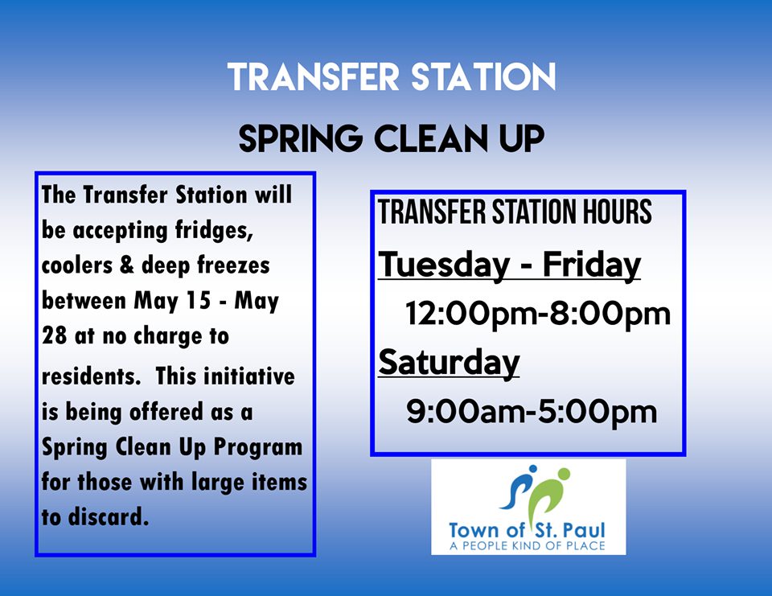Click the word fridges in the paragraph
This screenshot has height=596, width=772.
[x=214, y=230]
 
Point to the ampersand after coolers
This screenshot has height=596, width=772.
[x=126, y=265]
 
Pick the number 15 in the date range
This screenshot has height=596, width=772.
[x=199, y=301]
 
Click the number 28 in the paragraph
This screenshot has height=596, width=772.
[x=54, y=336]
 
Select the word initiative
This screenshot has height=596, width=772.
[x=248, y=376]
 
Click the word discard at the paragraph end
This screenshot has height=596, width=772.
[x=109, y=517]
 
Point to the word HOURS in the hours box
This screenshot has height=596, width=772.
[x=618, y=212]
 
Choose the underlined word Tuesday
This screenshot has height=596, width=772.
[x=444, y=265]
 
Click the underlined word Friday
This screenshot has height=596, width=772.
[x=591, y=265]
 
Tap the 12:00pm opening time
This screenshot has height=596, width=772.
[x=470, y=314]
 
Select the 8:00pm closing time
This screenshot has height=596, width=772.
[x=610, y=314]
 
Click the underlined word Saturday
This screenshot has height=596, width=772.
[x=449, y=363]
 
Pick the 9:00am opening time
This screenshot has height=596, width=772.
[x=466, y=412]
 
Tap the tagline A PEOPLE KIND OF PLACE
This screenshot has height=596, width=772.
[x=528, y=545]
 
